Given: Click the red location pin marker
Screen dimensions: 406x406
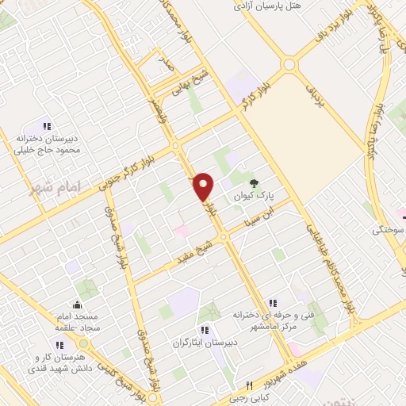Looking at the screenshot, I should coord(204,186).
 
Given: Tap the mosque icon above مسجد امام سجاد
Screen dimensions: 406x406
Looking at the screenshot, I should coord(77,304).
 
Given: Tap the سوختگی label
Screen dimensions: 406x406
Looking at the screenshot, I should coord(389,230).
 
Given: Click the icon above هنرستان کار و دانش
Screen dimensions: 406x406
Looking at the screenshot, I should coord(61,343).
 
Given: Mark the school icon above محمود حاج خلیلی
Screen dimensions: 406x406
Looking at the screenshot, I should coord(46,125).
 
